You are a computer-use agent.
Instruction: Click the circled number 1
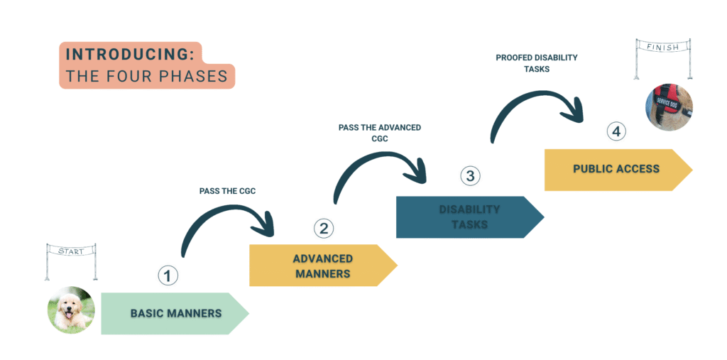click(168, 276)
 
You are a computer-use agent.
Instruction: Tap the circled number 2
click(323, 228)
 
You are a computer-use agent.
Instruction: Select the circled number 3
click(470, 175)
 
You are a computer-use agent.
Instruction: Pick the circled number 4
click(616, 131)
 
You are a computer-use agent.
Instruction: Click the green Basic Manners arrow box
click(174, 313)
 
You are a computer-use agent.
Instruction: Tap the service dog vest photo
click(669, 107)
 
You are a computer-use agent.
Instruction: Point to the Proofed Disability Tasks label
click(536, 63)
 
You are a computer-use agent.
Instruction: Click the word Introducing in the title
click(131, 55)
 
